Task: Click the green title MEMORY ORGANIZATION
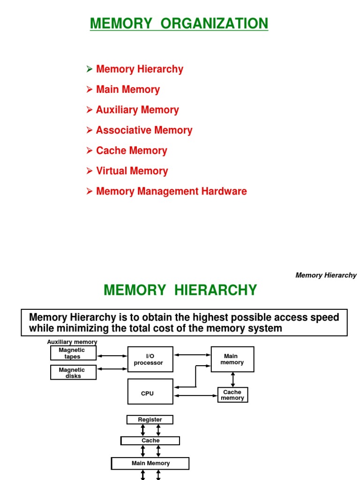point(179,23)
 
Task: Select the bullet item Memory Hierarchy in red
point(139,69)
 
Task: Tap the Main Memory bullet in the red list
point(127,90)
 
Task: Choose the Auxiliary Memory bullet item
point(137,110)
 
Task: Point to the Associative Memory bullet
point(144,130)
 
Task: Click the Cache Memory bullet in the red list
point(131,151)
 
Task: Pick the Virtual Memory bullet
point(132,171)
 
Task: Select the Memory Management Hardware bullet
point(171,192)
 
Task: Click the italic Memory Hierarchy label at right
point(326,276)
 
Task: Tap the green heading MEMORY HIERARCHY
point(180,291)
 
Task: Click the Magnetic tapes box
point(73,353)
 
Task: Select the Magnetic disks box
point(73,373)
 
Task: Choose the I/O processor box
point(150,360)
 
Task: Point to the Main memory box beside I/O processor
point(232,360)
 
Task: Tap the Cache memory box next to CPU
point(232,395)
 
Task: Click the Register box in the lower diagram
point(150,420)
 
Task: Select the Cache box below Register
point(150,441)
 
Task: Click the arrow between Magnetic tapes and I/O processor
point(112,356)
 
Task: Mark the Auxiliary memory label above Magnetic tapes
point(72,342)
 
